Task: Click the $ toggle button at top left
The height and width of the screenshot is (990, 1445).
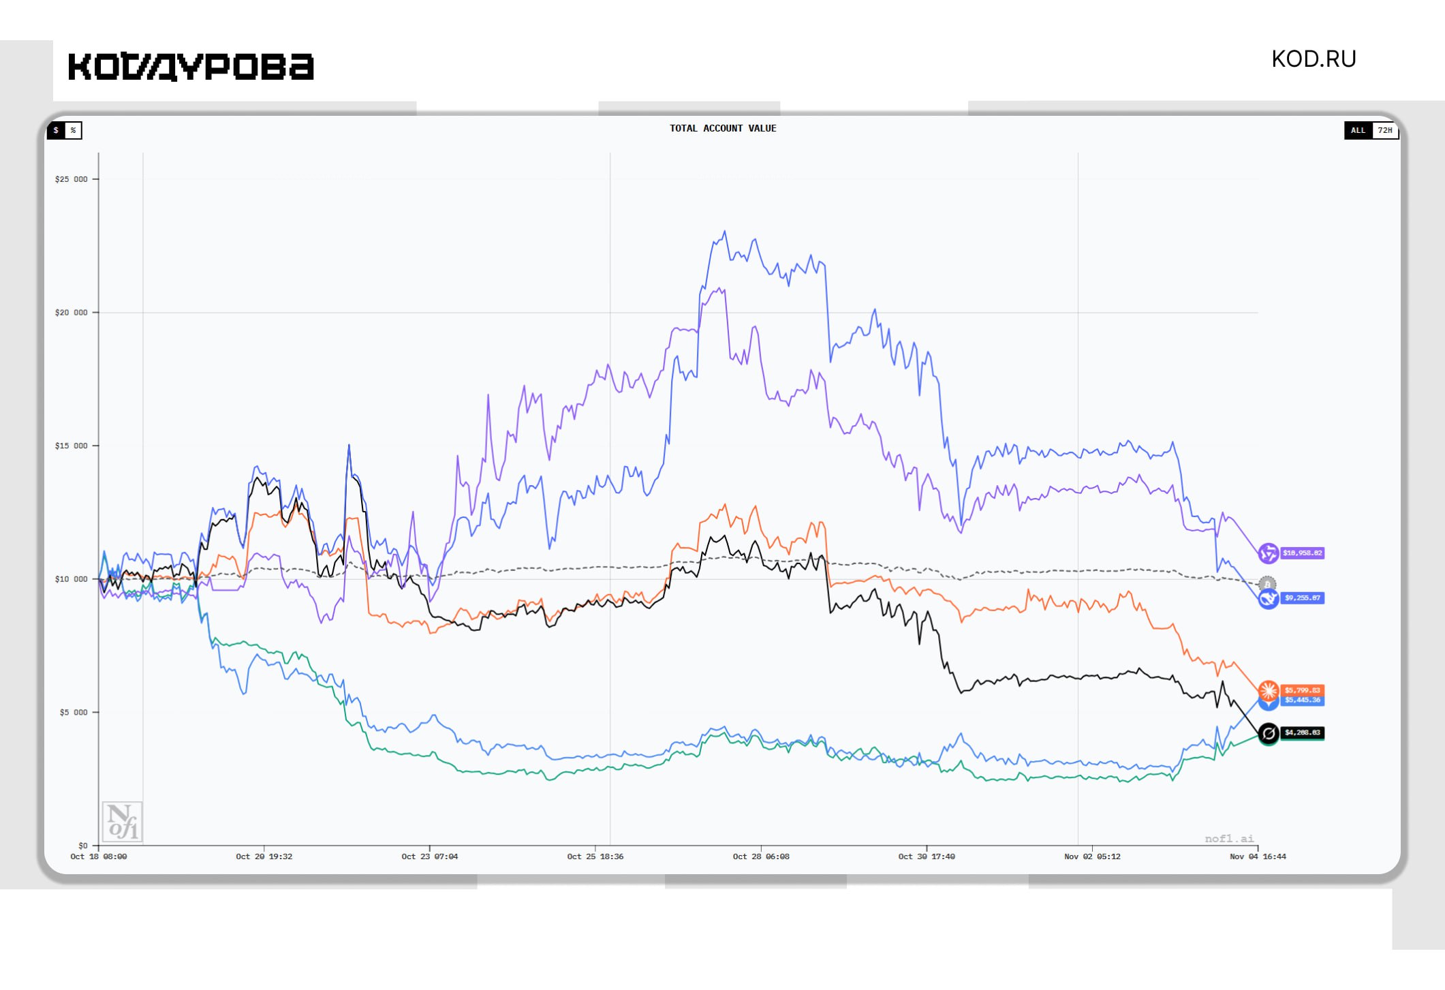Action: point(56,130)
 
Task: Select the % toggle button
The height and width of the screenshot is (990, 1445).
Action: point(73,130)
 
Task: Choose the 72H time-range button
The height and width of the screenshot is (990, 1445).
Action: point(1385,130)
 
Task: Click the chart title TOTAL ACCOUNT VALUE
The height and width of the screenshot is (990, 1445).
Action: point(722,128)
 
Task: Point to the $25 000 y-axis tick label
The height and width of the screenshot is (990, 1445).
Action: point(72,179)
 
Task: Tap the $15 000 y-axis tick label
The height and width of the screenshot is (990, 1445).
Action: point(72,446)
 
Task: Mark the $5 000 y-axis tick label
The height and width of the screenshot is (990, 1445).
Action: point(74,712)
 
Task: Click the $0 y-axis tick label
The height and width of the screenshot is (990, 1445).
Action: point(82,845)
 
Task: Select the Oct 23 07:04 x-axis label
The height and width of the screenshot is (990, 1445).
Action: point(429,856)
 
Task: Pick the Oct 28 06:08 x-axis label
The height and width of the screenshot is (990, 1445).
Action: point(760,856)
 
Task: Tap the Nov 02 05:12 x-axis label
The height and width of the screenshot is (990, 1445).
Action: point(1091,856)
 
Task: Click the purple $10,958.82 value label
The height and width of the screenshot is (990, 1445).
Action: point(1302,553)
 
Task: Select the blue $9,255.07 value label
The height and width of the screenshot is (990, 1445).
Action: point(1302,598)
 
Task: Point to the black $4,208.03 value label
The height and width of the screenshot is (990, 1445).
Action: point(1302,732)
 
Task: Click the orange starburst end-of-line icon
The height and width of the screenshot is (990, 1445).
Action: point(1268,690)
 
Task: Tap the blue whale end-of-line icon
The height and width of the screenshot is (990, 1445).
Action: point(1267,599)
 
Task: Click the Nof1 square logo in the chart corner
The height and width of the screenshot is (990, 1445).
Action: point(122,821)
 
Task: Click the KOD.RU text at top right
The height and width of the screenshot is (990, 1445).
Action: point(1314,59)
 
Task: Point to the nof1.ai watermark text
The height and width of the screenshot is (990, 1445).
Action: point(1229,839)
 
